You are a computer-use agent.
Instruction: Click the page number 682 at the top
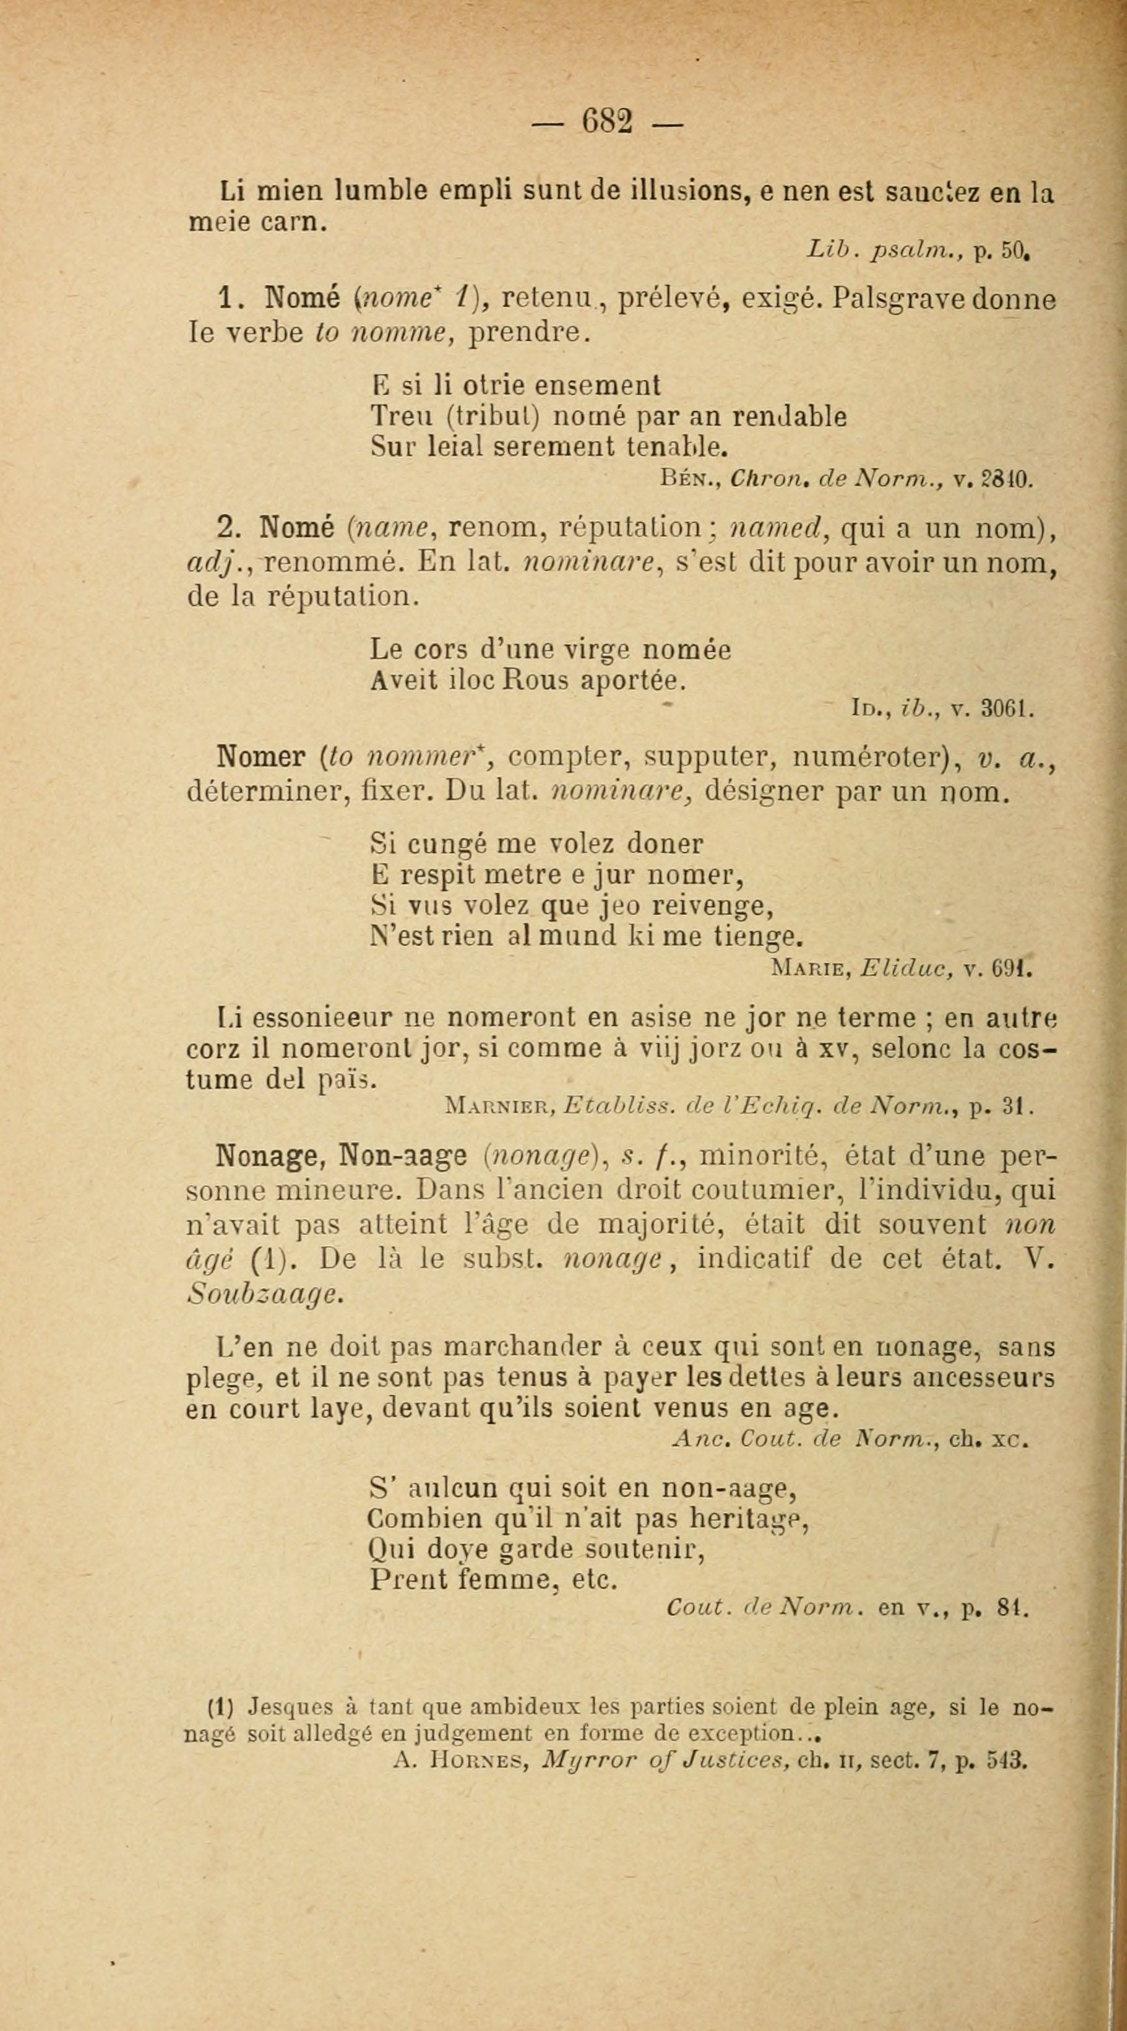tap(607, 122)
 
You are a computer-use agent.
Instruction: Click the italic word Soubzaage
tap(264, 1294)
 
